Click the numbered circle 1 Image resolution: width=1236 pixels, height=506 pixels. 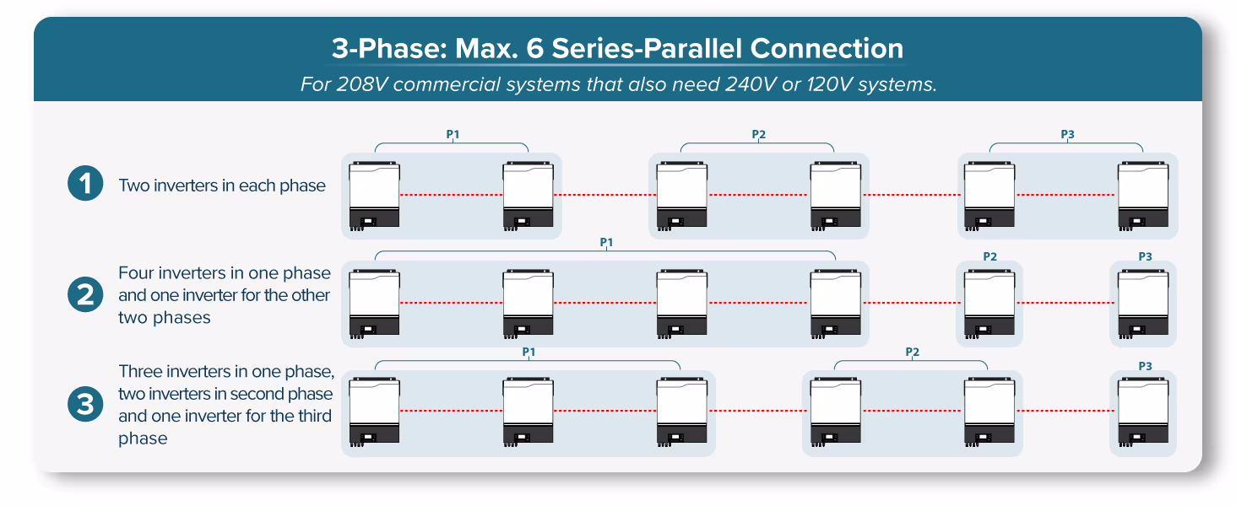coord(85,185)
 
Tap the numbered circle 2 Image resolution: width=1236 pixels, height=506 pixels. coord(85,295)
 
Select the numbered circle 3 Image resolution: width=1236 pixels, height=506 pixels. coord(85,405)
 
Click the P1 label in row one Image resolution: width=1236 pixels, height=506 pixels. coord(453,134)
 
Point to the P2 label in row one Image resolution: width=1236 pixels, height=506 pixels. coord(758,134)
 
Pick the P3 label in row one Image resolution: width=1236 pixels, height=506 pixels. coord(1067,134)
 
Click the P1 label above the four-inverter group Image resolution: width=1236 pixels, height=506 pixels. coord(605,242)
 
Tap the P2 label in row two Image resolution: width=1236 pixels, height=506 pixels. coord(989,256)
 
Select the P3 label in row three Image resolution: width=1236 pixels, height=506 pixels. coord(1144,366)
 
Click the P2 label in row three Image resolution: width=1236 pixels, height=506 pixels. coord(912,352)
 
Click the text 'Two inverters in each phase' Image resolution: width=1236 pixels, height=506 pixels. coord(222,186)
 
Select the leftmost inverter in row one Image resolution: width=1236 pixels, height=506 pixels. coord(375,196)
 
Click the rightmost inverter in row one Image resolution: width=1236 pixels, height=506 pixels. coord(1143,196)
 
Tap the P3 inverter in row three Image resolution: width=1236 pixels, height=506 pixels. coord(1143,412)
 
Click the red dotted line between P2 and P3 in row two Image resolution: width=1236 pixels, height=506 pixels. coord(1066,302)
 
